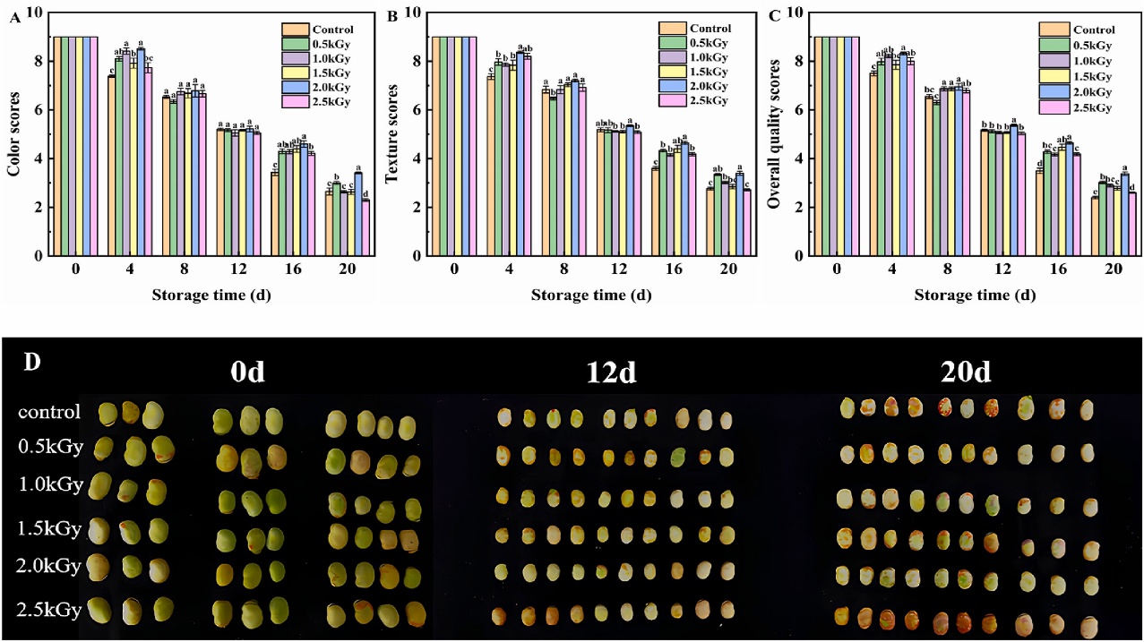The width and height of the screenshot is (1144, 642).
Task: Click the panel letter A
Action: [15, 16]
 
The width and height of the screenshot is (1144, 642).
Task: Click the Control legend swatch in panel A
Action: [295, 30]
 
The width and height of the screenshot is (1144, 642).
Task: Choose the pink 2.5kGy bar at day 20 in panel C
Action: [1131, 224]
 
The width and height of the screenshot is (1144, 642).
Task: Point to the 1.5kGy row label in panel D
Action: [49, 529]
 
